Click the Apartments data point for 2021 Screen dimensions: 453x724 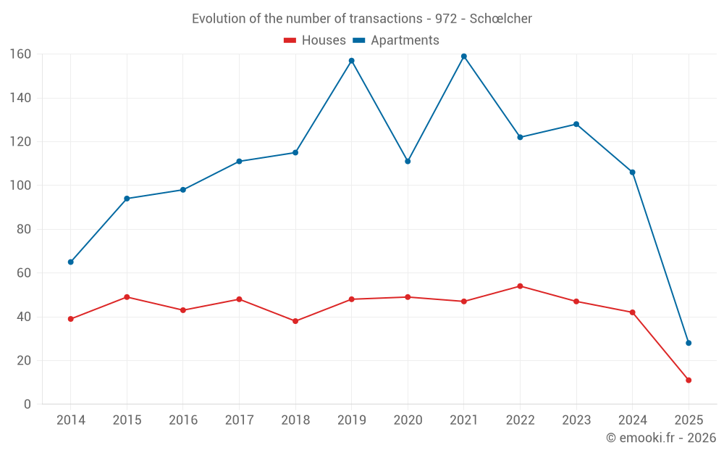[464, 57]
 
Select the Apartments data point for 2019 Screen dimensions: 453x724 [352, 61]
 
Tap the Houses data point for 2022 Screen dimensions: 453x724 [520, 286]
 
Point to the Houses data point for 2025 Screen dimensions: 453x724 [689, 381]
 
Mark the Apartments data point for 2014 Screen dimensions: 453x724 [71, 262]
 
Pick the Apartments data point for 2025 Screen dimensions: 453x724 [689, 343]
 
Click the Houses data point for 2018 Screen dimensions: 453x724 [295, 321]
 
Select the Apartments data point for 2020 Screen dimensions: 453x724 [408, 162]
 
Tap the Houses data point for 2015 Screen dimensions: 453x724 [127, 297]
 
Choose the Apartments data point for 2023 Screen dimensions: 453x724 [576, 124]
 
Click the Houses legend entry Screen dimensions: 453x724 [315, 41]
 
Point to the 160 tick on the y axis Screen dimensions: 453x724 [20, 54]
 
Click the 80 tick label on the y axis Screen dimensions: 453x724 [23, 230]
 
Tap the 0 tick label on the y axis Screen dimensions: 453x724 [27, 404]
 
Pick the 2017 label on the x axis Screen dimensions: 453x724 [239, 420]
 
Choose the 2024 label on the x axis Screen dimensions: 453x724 [632, 420]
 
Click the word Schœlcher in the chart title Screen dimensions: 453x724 [500, 19]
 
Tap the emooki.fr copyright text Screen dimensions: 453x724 [661, 438]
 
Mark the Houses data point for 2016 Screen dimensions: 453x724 [183, 310]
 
